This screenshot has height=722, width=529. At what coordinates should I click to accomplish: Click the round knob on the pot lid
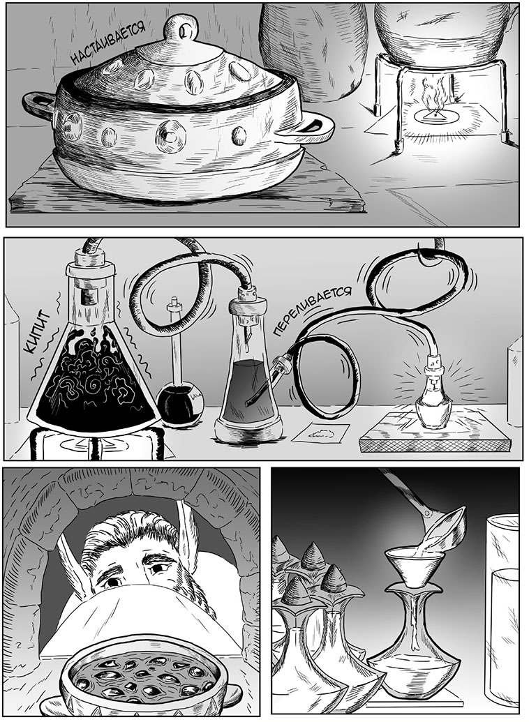(182, 29)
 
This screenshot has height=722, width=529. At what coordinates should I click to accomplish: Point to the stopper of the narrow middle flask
(248, 301)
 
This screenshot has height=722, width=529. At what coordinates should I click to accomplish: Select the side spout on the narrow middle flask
(281, 369)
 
